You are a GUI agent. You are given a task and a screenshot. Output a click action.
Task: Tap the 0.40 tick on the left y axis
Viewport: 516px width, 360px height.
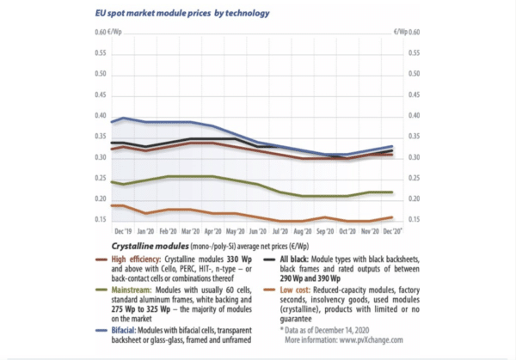tap(97, 116)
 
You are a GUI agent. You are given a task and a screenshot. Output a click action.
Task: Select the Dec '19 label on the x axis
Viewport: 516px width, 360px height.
tap(122, 232)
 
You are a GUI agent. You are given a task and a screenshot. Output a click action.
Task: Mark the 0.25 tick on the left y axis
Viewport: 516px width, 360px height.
tap(97, 178)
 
